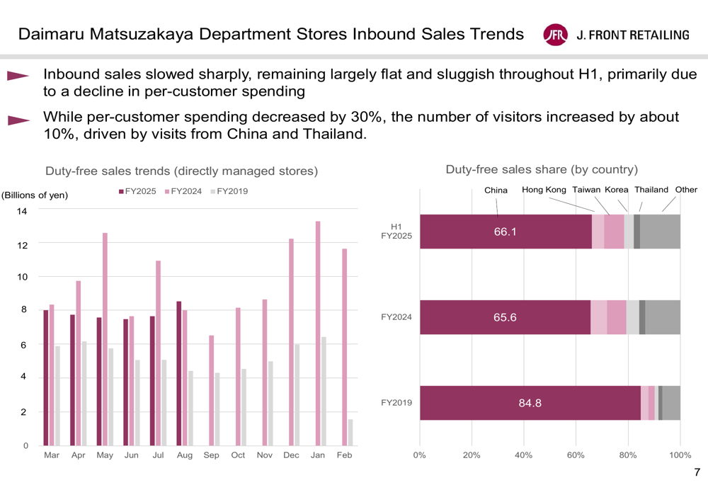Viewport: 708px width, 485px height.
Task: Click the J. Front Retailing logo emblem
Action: tap(555, 35)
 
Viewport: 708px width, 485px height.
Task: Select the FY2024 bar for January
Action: tap(318, 333)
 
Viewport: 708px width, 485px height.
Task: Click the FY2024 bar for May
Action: tap(105, 339)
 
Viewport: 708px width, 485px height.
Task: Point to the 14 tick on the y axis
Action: tap(22, 211)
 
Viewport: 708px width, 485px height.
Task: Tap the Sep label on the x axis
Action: tap(211, 455)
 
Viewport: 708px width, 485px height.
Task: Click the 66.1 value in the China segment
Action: tap(505, 232)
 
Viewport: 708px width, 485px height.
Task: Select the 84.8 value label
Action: tap(530, 404)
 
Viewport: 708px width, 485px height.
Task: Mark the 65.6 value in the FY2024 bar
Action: tap(505, 318)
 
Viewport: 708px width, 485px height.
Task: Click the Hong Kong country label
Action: tap(544, 190)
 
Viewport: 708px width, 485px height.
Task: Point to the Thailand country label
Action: tap(651, 190)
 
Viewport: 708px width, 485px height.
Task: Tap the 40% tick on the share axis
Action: tap(524, 455)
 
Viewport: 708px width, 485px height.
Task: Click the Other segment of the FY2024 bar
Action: tap(663, 317)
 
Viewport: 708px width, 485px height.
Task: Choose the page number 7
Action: tap(697, 472)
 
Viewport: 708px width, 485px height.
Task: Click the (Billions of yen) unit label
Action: tap(34, 195)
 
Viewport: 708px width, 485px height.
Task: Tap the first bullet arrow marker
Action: tap(18, 76)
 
